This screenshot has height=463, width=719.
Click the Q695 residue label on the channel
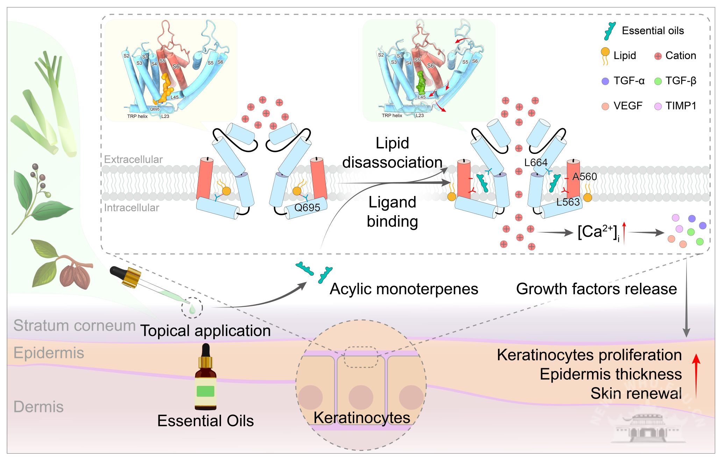pyautogui.click(x=307, y=208)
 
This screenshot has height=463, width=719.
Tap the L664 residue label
pyautogui.click(x=536, y=162)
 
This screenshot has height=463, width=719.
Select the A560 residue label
pyautogui.click(x=584, y=177)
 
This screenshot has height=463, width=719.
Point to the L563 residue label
pyautogui.click(x=568, y=202)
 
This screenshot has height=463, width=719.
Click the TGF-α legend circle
pyautogui.click(x=605, y=81)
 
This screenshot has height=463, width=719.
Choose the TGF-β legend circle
pyautogui.click(x=658, y=81)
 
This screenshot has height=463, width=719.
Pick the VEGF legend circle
pyautogui.click(x=605, y=106)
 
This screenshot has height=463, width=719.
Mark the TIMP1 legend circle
pyautogui.click(x=658, y=106)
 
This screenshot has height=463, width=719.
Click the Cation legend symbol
pyautogui.click(x=658, y=56)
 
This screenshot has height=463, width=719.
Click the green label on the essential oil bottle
pyautogui.click(x=206, y=391)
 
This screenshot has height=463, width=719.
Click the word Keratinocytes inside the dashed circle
pyautogui.click(x=362, y=418)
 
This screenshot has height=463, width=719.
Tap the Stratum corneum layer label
pyautogui.click(x=74, y=325)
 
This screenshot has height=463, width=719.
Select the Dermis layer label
pyautogui.click(x=38, y=407)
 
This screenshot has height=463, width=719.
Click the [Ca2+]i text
pyautogui.click(x=598, y=232)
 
